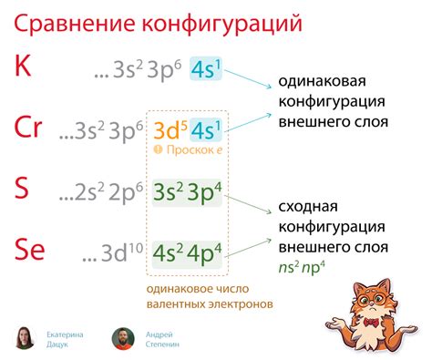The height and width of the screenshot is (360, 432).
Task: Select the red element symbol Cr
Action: [x=28, y=129]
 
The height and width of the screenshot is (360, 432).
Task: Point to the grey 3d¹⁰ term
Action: [x=116, y=252]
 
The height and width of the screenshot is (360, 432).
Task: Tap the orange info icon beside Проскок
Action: [x=160, y=150]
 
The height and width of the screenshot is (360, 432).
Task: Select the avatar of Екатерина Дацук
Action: [x=26, y=338]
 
